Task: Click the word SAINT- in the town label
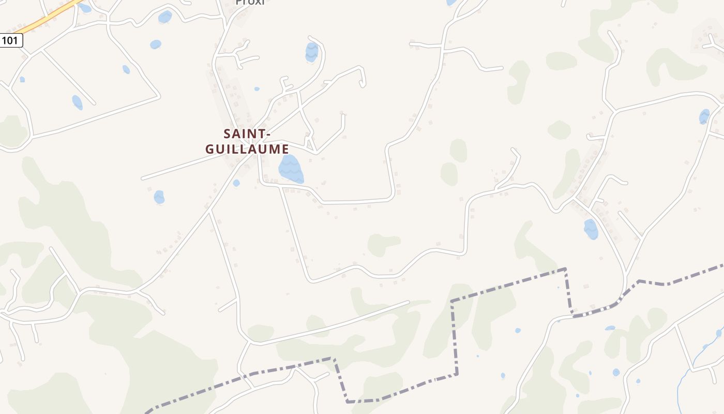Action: pyautogui.click(x=247, y=134)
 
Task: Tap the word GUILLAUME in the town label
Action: pyautogui.click(x=247, y=149)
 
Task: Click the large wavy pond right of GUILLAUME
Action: pyautogui.click(x=291, y=169)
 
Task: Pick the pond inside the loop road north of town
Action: pyautogui.click(x=311, y=52)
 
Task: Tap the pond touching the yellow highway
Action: pyautogui.click(x=85, y=8)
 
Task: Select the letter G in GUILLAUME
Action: pyautogui.click(x=210, y=149)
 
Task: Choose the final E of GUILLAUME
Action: pyautogui.click(x=284, y=149)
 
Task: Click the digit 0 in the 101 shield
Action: pyautogui.click(x=11, y=40)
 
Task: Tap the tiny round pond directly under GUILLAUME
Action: pyautogui.click(x=236, y=183)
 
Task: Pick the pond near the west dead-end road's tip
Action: pyautogui.click(x=159, y=197)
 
